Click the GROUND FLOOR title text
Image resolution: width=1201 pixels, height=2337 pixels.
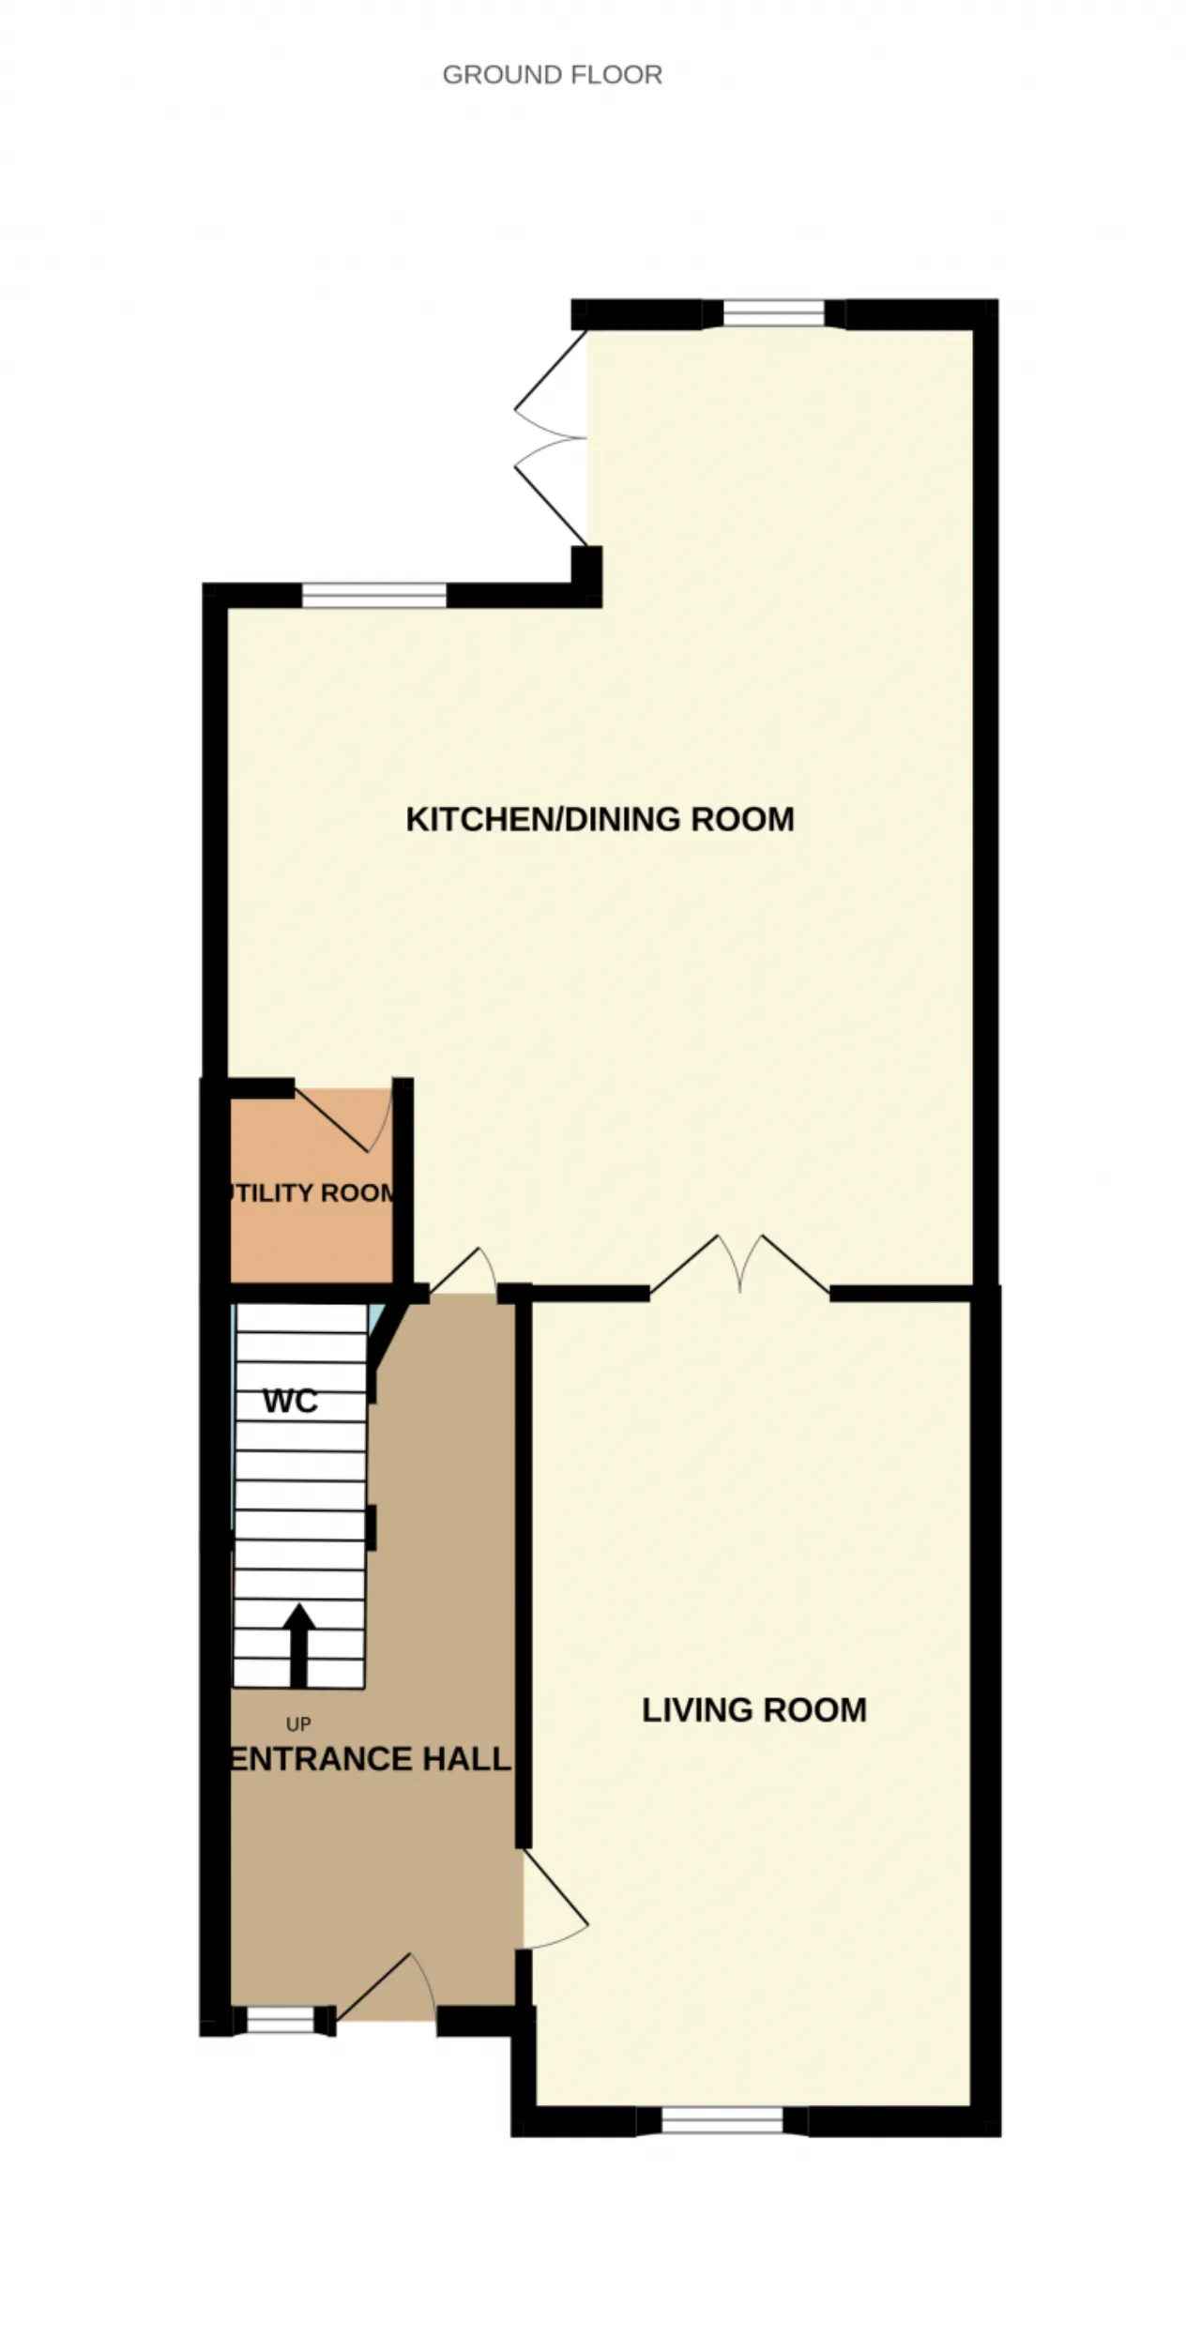coord(552,75)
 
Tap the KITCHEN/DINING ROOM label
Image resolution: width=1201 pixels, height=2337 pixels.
coord(600,819)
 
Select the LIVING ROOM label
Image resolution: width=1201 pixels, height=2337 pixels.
coord(753,1709)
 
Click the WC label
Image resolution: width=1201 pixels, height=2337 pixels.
coord(290,1401)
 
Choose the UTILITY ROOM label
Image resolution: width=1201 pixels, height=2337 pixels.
coord(310,1192)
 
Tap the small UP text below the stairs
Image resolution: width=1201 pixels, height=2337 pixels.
coord(298,1724)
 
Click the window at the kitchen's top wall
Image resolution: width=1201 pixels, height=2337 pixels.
coord(773,313)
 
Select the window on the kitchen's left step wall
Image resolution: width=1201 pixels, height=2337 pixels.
coord(373,596)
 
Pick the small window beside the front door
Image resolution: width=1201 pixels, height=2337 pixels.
coord(280,2020)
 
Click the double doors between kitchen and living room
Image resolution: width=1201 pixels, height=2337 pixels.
coord(740,1265)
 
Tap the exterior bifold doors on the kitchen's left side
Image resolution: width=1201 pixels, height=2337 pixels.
coord(551,437)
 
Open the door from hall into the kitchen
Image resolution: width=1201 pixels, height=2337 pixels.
coord(464,1273)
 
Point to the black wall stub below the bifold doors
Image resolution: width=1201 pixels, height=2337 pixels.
coord(586,576)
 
